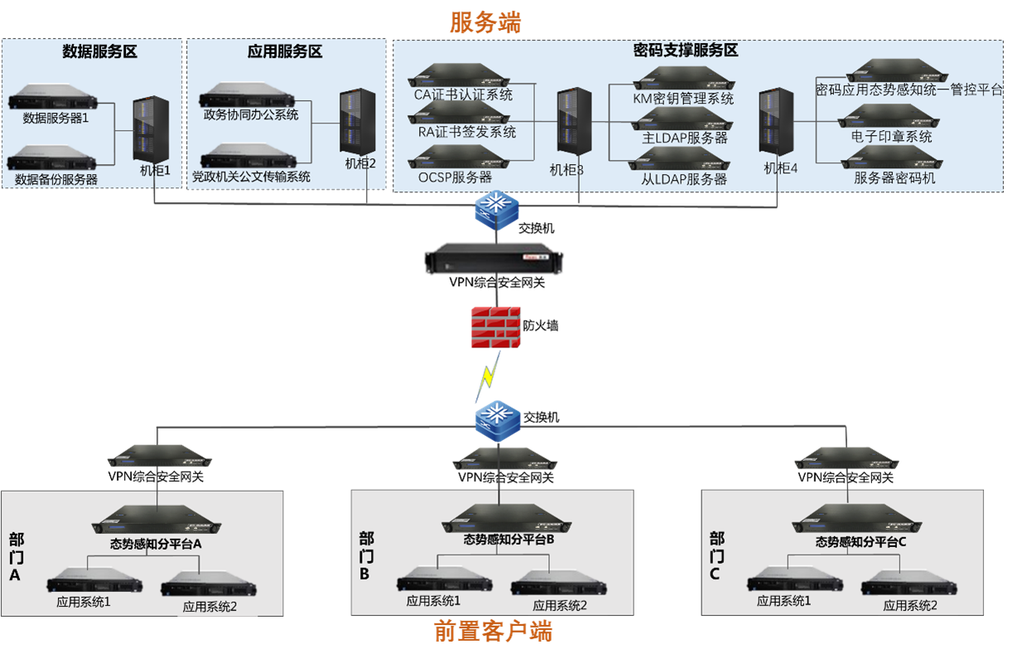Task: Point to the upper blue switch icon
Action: (496, 211)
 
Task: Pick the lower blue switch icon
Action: (498, 417)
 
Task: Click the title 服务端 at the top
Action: (485, 22)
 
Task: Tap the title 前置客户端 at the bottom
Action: (493, 632)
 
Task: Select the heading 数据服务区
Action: (99, 52)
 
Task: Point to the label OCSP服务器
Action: (455, 177)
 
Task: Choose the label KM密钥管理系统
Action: (683, 99)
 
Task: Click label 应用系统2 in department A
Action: (210, 606)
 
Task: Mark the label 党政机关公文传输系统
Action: (251, 177)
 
